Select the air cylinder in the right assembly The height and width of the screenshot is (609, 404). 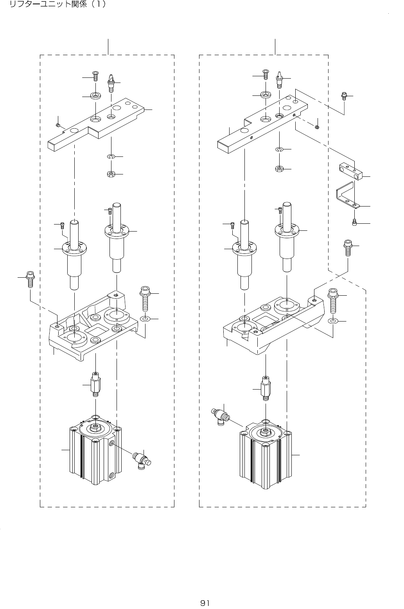tap(266, 454)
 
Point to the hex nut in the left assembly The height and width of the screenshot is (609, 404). tap(111, 174)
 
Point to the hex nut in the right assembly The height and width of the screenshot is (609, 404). tap(280, 169)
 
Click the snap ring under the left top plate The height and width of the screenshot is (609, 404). tap(111, 157)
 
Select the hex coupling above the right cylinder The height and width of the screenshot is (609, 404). tap(266, 388)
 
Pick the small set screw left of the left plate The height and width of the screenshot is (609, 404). tap(57, 125)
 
